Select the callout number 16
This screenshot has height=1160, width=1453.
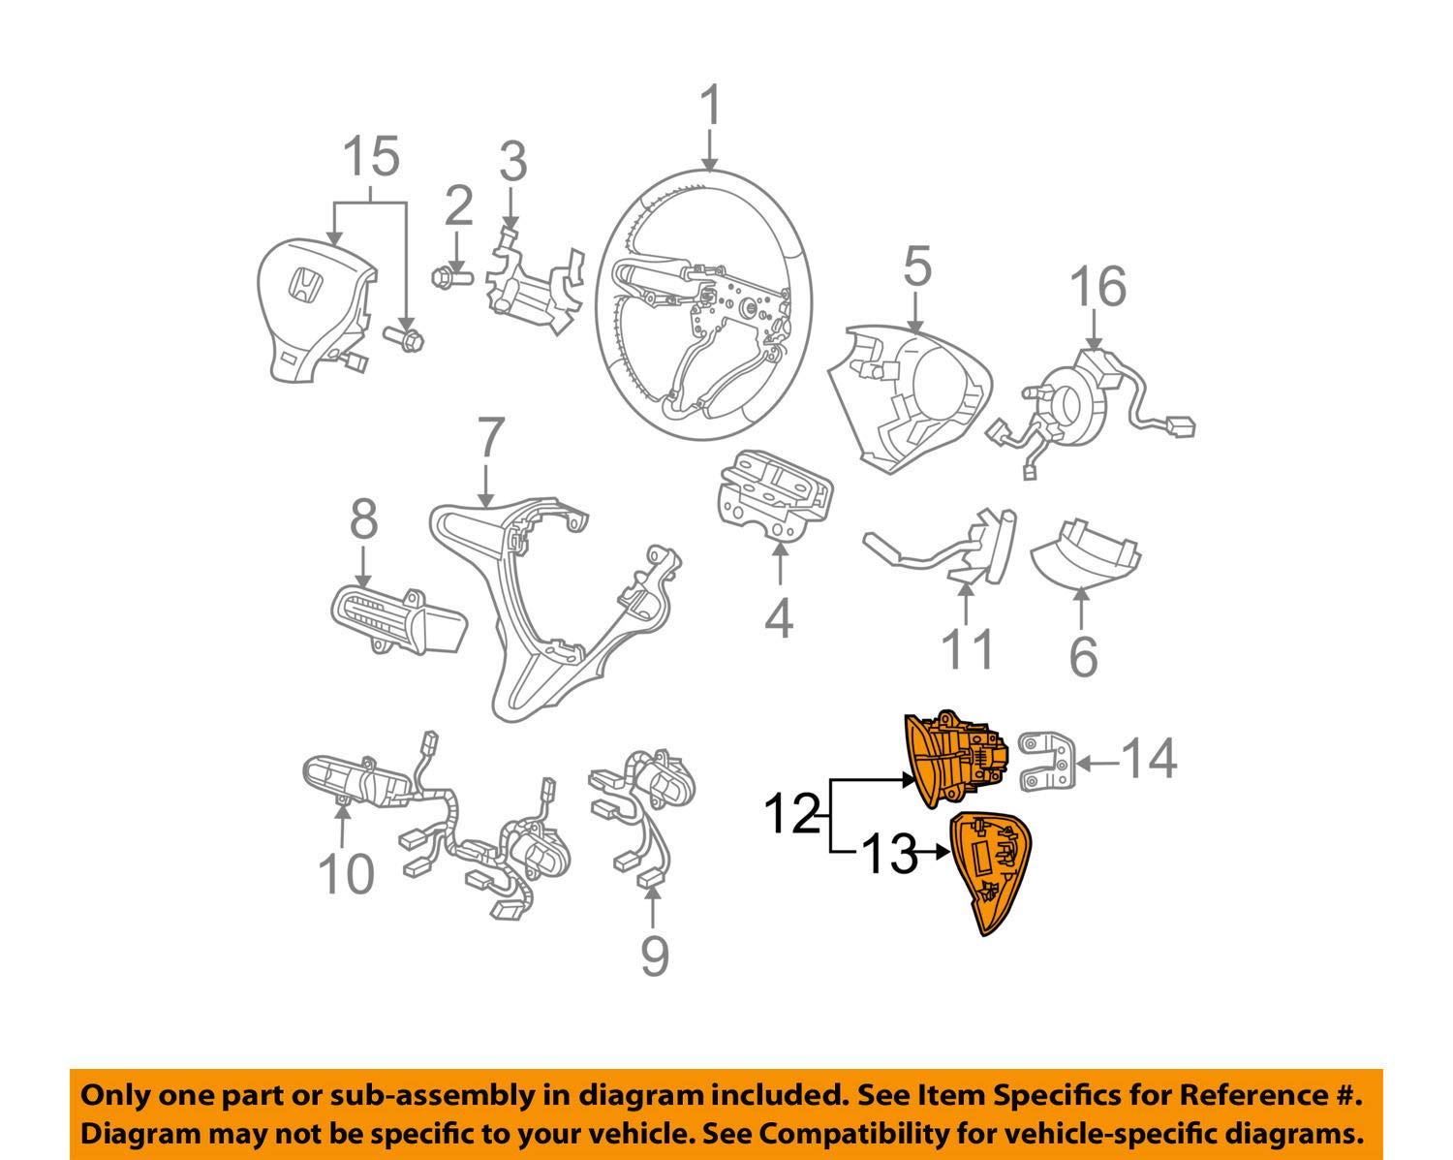point(1097,287)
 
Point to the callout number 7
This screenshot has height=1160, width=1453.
point(491,439)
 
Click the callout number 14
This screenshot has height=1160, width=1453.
point(1150,759)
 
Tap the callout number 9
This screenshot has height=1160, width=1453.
point(655,957)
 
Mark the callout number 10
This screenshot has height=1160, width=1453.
point(346,874)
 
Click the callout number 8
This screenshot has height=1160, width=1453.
point(363,519)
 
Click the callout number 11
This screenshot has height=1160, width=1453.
point(968,648)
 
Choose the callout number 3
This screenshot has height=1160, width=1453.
point(513,162)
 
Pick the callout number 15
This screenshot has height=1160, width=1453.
point(372,156)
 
